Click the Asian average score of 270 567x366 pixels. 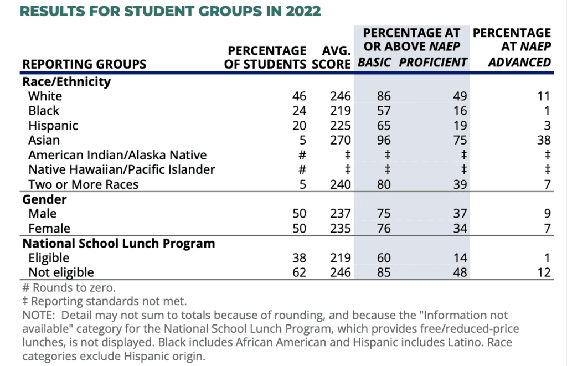click(x=341, y=140)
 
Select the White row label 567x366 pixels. click(x=45, y=96)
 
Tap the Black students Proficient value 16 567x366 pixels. click(x=460, y=110)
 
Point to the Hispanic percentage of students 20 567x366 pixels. click(x=299, y=125)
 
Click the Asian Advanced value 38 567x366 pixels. click(x=544, y=140)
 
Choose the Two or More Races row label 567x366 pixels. click(x=83, y=184)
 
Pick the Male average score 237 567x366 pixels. click(x=341, y=213)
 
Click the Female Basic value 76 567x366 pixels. click(x=384, y=228)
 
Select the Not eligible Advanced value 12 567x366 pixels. click(x=544, y=272)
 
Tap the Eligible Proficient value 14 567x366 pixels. click(x=460, y=257)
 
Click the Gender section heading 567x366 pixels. click(x=44, y=199)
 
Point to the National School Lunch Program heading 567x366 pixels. click(x=118, y=243)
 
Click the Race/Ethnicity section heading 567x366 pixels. click(x=66, y=82)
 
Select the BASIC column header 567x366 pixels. click(x=374, y=62)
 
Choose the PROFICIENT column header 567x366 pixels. click(x=433, y=62)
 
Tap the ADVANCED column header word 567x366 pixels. click(x=519, y=62)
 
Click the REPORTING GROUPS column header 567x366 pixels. click(x=84, y=64)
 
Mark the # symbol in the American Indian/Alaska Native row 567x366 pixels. click(x=302, y=155)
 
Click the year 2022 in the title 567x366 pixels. click(x=303, y=11)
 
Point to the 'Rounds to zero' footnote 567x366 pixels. click(x=69, y=287)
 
